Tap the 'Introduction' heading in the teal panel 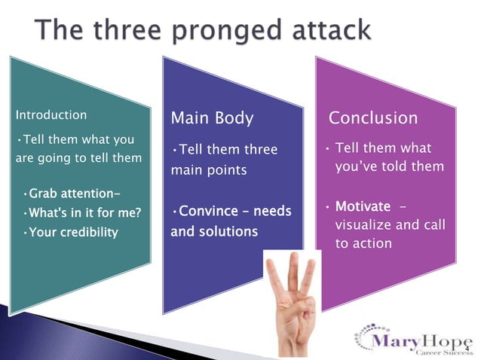pos(51,115)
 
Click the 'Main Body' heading pos(212,118)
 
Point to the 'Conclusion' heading pos(372,118)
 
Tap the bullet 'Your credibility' pos(70,232)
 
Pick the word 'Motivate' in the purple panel pos(363,206)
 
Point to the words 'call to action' pos(384,235)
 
